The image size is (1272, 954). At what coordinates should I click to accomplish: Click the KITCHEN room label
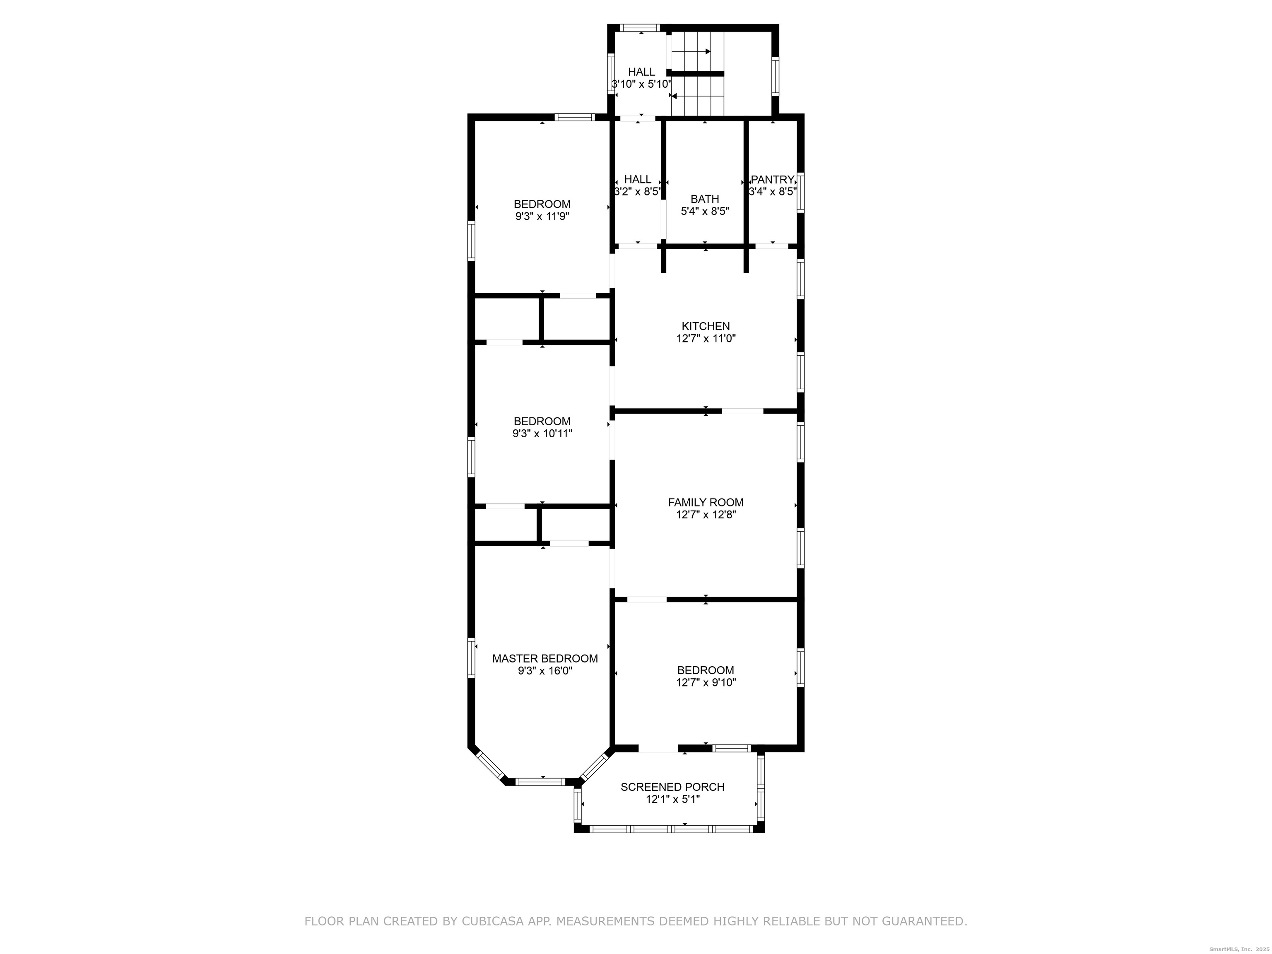pyautogui.click(x=706, y=326)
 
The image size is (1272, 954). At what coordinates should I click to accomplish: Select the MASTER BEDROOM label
pyautogui.click(x=544, y=658)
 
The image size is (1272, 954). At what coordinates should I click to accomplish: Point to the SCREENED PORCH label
pyautogui.click(x=672, y=787)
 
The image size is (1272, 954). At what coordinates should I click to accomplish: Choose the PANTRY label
pyautogui.click(x=772, y=179)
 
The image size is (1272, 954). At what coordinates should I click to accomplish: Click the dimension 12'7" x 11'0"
pyautogui.click(x=706, y=339)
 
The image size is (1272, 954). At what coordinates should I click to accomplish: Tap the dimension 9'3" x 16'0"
pyautogui.click(x=544, y=670)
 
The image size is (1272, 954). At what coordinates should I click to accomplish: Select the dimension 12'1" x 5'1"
pyautogui.click(x=672, y=799)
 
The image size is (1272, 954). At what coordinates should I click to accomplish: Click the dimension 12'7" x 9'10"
pyautogui.click(x=706, y=682)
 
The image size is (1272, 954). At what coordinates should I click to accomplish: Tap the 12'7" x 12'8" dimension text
pyautogui.click(x=706, y=515)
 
